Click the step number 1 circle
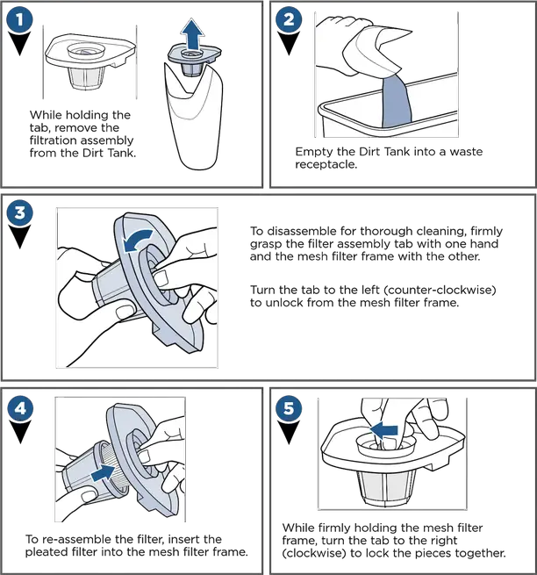click(19, 19)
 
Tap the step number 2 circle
click(289, 19)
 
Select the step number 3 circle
click(19, 212)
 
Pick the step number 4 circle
click(20, 408)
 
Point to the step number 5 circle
click(289, 408)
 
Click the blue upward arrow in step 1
click(192, 35)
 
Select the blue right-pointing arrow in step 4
click(104, 472)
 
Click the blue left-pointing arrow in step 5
click(383, 430)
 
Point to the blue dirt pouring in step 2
click(397, 102)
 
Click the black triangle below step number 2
click(289, 43)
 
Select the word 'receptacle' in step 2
click(326, 164)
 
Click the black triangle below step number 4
click(20, 432)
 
